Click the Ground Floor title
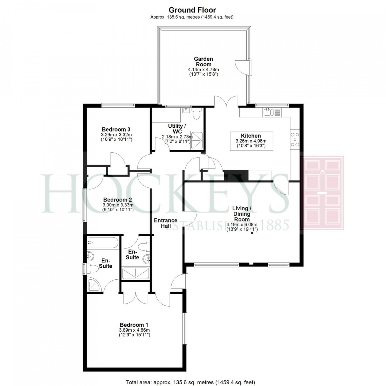192,10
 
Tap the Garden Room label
204,62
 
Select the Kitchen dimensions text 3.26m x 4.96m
251,141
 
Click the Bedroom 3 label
116,129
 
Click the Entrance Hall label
166,223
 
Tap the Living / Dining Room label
242,214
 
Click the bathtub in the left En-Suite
103,241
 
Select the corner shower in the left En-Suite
95,285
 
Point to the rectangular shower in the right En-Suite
135,273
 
